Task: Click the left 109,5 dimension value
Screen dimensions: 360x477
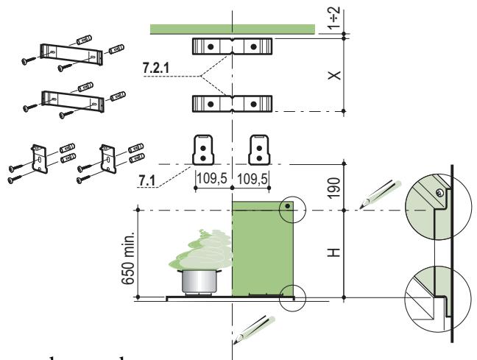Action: tap(213, 179)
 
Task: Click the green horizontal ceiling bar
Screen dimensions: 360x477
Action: tap(232, 29)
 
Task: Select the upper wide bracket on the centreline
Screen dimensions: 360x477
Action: tap(232, 46)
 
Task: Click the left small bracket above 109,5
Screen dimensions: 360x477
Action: tap(200, 149)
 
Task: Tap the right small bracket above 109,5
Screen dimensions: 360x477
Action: tap(259, 149)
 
